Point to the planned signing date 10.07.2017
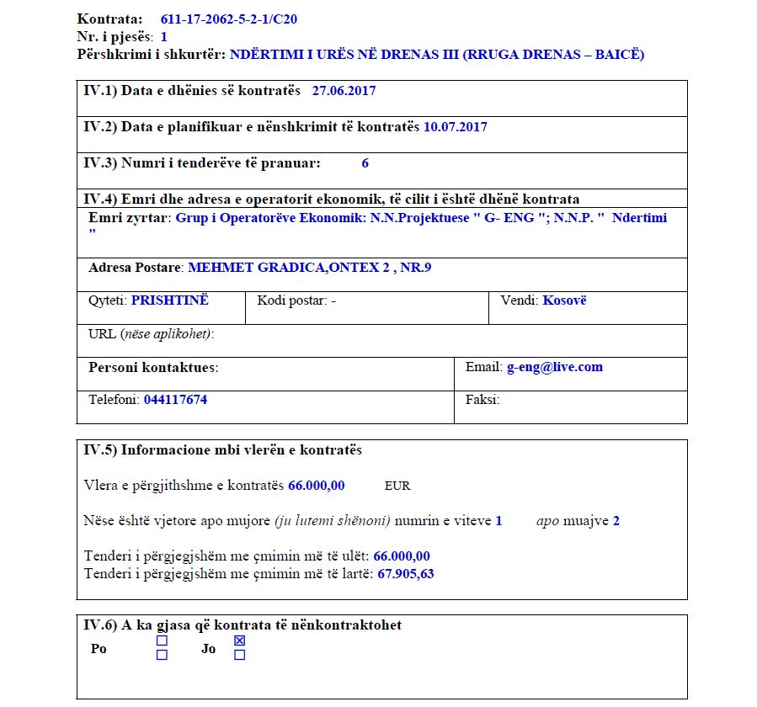point(456,127)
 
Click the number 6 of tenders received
point(365,163)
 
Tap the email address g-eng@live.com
point(554,367)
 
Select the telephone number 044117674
point(175,400)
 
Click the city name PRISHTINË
point(169,300)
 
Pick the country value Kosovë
point(564,300)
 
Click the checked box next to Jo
point(239,641)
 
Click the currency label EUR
point(397,486)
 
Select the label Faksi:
point(482,400)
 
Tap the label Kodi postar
point(291,300)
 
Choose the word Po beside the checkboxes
point(99,649)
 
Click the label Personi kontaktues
point(152,368)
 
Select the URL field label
point(151,334)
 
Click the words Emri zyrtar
point(130,218)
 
